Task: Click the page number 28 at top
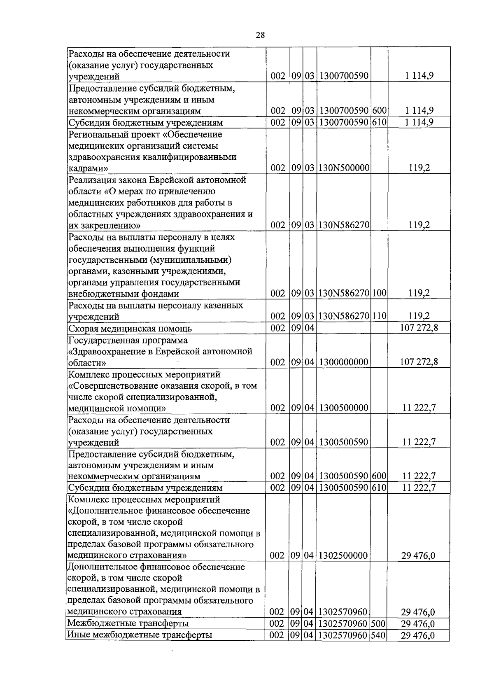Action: pyautogui.click(x=260, y=35)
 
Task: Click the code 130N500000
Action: pyautogui.click(x=343, y=168)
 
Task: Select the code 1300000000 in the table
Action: pyautogui.click(x=343, y=362)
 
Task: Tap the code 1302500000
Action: pyautogui.click(x=343, y=555)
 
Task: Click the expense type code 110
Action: pyautogui.click(x=379, y=316)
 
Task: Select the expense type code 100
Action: pyautogui.click(x=379, y=293)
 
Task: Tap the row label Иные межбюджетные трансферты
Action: pyautogui.click(x=140, y=646)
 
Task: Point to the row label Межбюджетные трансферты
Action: pyautogui.click(x=128, y=635)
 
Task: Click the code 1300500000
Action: pyautogui.click(x=343, y=408)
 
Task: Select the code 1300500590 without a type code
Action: pyautogui.click(x=343, y=442)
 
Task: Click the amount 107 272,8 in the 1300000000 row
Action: pyautogui.click(x=419, y=362)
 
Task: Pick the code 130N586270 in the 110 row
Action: pyautogui.click(x=343, y=316)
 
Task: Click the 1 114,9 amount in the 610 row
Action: pyautogui.click(x=419, y=122)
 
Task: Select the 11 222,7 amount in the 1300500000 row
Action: pyautogui.click(x=419, y=408)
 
